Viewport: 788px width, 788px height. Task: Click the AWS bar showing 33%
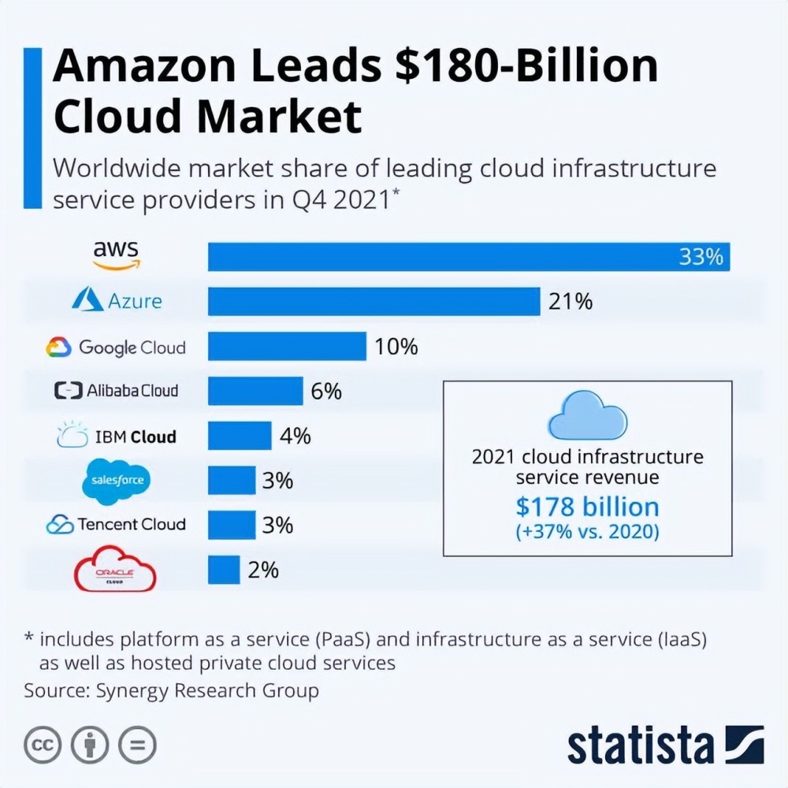click(469, 257)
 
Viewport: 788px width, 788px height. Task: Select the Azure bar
click(374, 301)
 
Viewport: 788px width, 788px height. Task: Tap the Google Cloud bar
click(287, 346)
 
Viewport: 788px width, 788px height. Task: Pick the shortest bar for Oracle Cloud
click(224, 570)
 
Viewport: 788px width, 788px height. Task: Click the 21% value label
click(571, 301)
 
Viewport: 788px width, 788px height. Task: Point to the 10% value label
click(396, 346)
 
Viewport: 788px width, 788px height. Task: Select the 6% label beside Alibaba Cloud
click(326, 391)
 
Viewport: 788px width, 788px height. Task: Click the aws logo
click(115, 255)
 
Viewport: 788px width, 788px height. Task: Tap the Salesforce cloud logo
click(116, 480)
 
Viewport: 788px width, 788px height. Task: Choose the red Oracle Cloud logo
click(115, 571)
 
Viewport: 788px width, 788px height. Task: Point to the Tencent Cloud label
click(116, 525)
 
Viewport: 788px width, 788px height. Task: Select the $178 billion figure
click(587, 506)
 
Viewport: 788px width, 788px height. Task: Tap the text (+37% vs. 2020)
click(587, 532)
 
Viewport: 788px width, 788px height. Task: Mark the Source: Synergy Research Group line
click(171, 691)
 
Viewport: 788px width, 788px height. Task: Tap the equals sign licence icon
click(138, 744)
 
